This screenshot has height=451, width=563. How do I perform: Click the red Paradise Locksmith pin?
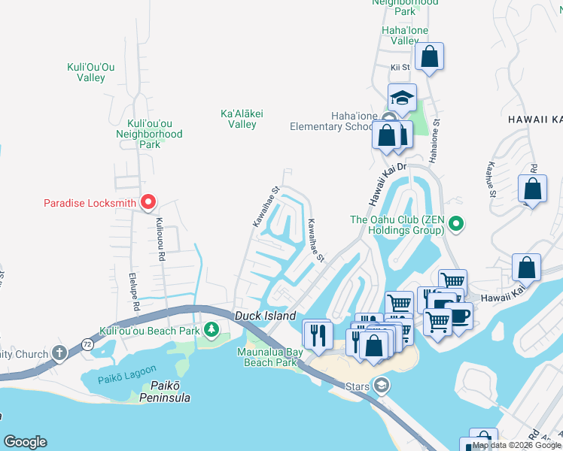click(x=148, y=202)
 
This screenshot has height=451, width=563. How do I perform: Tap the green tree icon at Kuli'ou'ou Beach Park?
click(x=212, y=329)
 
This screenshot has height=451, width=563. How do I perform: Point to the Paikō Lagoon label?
click(x=127, y=369)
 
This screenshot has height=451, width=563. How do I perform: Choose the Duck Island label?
click(x=265, y=316)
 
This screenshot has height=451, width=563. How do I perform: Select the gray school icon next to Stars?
click(x=382, y=386)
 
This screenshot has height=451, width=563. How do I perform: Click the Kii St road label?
click(x=400, y=68)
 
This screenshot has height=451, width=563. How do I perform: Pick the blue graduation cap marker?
click(x=402, y=98)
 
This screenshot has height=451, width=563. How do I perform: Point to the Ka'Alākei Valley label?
click(x=242, y=119)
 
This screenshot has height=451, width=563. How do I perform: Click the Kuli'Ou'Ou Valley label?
click(x=91, y=72)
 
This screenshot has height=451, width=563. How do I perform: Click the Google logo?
click(x=25, y=442)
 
